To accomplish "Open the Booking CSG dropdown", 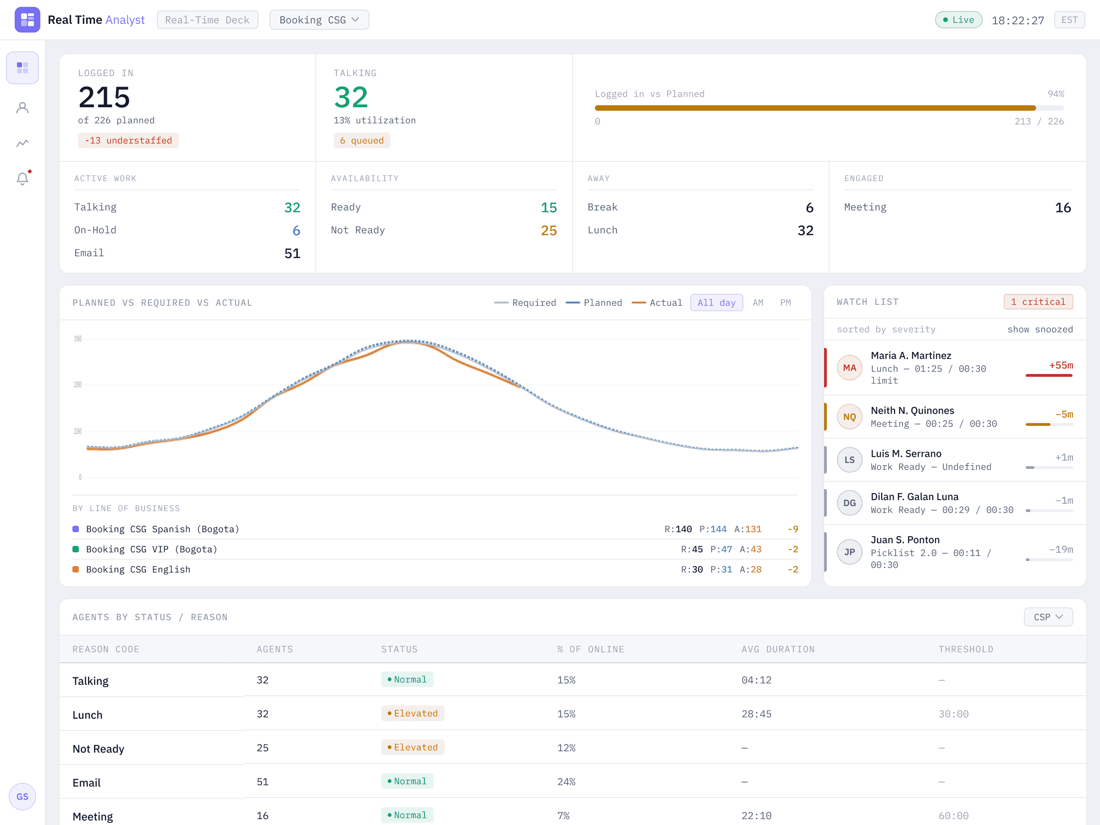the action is tap(319, 20).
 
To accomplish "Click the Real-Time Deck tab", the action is tap(207, 20).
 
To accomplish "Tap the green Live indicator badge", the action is tap(958, 20).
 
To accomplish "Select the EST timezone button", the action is tap(1069, 20).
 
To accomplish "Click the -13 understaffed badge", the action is tap(128, 141).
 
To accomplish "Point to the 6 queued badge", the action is tap(362, 141).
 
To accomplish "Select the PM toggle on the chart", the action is tap(785, 303).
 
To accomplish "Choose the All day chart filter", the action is tap(716, 303).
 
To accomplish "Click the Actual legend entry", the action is tap(656, 303).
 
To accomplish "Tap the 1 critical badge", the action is tap(1038, 302).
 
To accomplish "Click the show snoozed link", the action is tap(1040, 329).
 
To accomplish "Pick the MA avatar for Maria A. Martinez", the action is tap(849, 368).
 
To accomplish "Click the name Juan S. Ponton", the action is tap(905, 540).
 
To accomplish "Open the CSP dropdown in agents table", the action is tap(1048, 617).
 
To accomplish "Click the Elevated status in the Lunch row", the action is tap(413, 714).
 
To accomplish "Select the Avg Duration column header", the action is tap(778, 649).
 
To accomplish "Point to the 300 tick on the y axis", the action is tap(77, 339).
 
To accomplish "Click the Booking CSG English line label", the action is tap(138, 570).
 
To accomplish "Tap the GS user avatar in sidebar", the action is tap(22, 797).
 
